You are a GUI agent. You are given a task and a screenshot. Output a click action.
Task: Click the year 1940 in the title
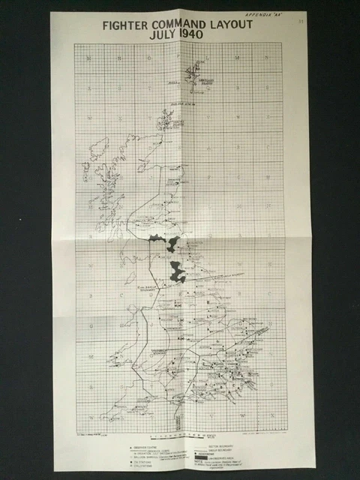(x=196, y=34)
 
